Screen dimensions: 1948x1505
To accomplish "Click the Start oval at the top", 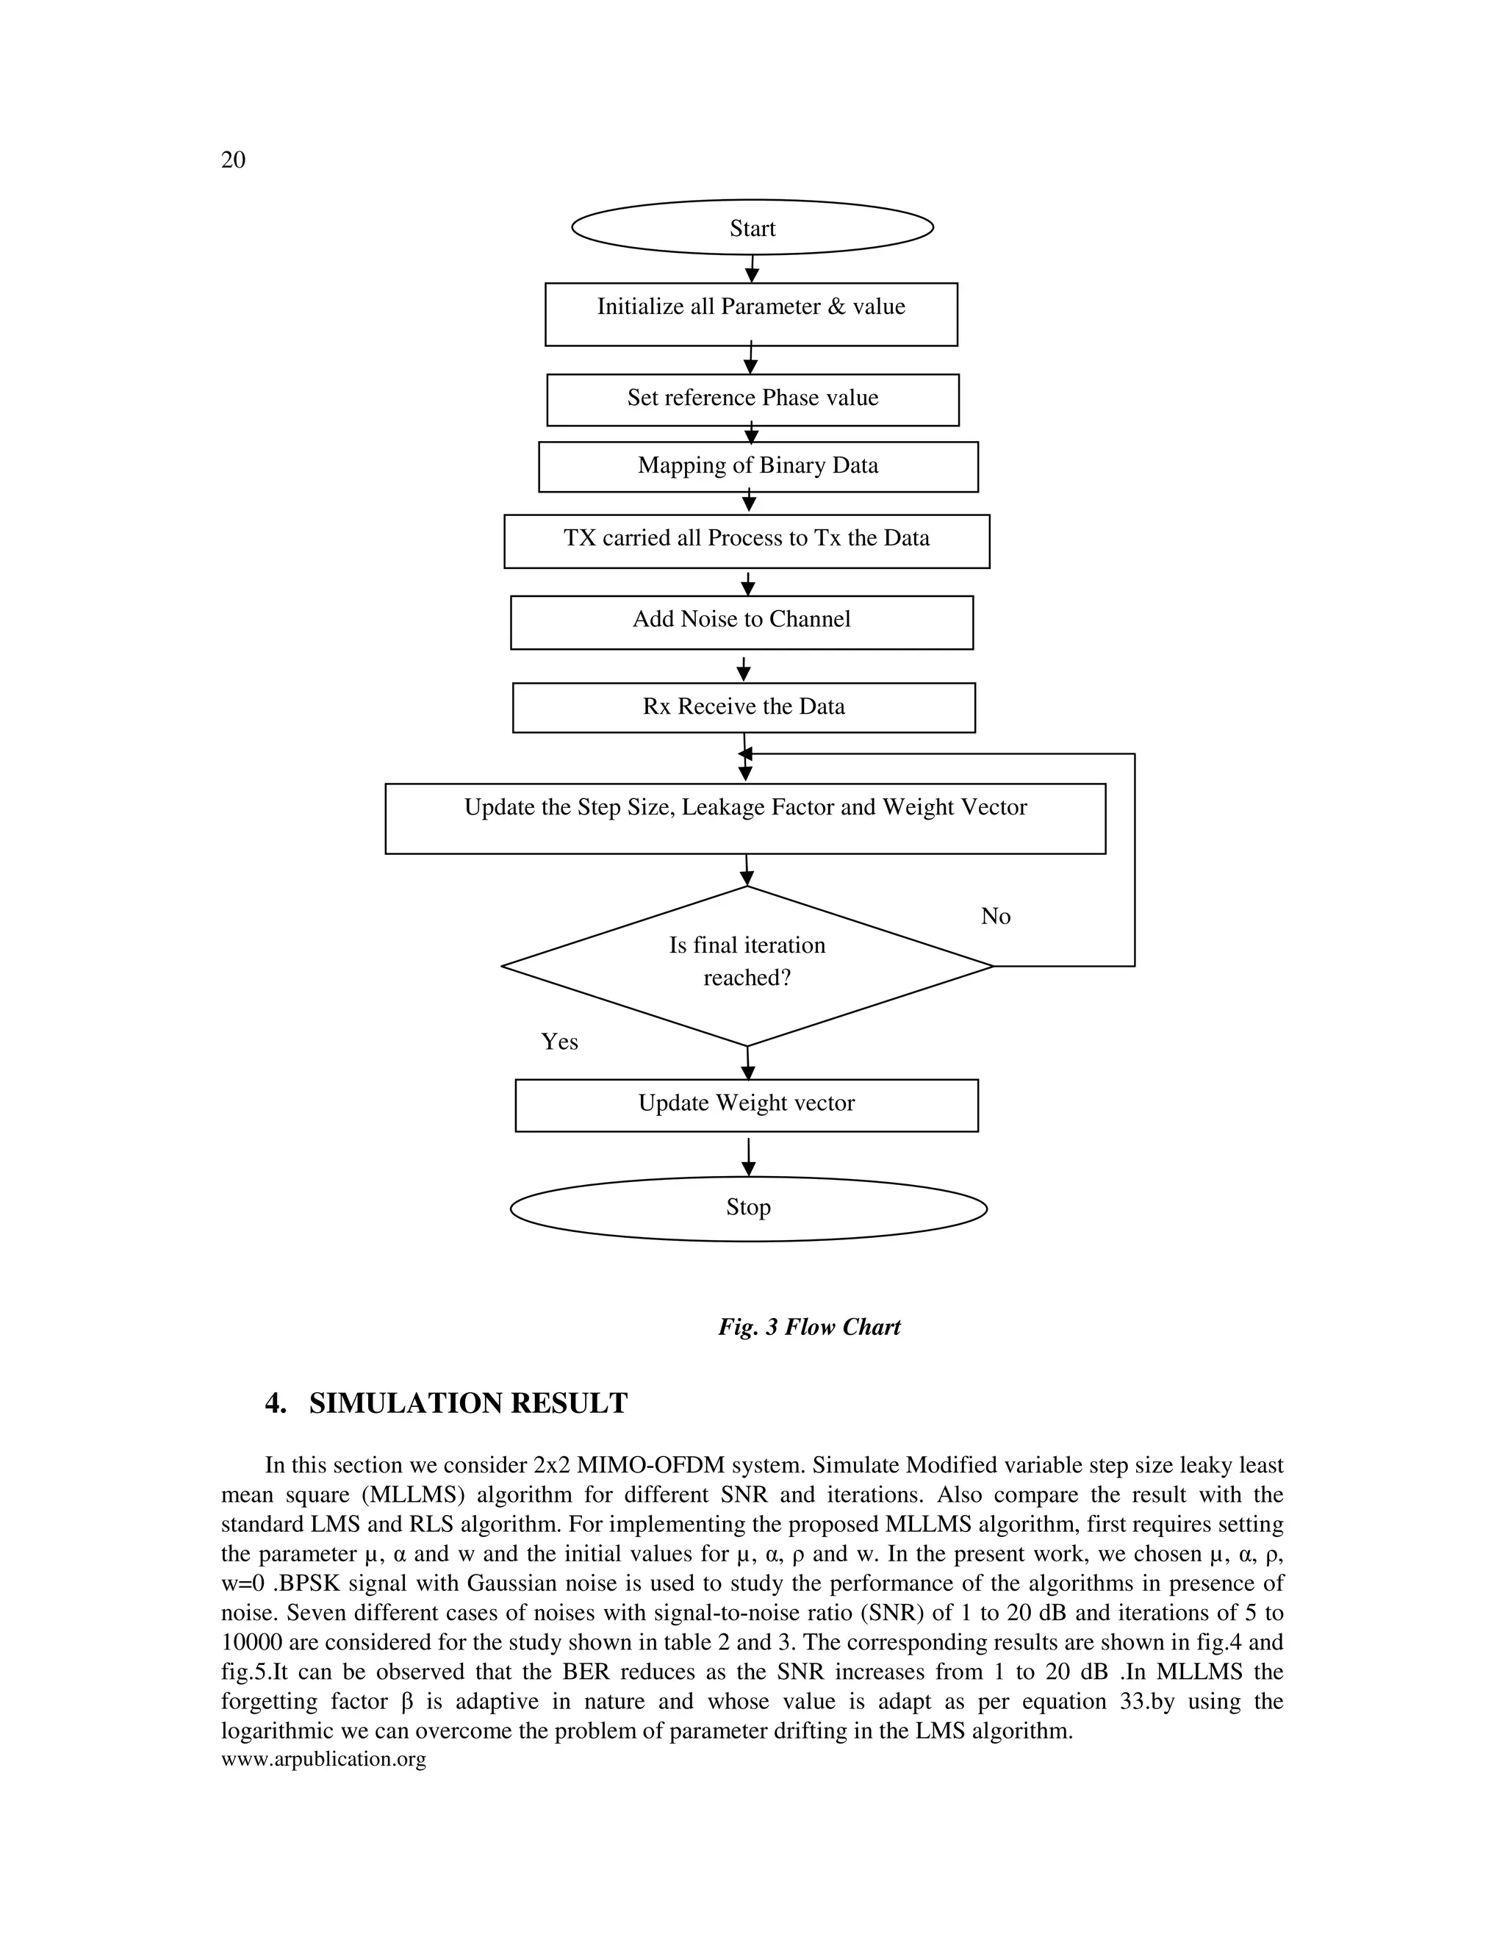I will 752,227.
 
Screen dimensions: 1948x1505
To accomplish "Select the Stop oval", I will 748,1208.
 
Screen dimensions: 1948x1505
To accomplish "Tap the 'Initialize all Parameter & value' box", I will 751,314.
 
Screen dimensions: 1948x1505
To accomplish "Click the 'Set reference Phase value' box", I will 752,398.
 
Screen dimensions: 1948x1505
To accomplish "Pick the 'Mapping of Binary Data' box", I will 758,465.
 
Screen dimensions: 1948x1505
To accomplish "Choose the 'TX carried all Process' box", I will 747,540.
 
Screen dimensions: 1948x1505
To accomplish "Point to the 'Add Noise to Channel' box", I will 741,621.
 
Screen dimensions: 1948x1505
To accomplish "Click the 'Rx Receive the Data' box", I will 744,707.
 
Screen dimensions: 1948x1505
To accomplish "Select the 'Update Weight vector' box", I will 747,1104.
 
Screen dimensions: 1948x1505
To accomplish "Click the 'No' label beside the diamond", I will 995,917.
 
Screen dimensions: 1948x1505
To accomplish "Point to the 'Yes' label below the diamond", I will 559,1042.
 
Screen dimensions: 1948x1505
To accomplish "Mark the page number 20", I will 233,160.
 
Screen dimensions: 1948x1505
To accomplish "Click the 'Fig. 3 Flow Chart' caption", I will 808,1327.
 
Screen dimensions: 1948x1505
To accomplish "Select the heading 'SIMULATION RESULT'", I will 467,1404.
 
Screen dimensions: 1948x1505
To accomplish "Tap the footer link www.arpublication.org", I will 323,1759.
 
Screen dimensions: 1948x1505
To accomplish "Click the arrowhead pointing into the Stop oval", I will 749,1170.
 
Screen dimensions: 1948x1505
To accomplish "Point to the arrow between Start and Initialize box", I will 752,269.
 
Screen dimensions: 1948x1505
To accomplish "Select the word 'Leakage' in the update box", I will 722,807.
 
